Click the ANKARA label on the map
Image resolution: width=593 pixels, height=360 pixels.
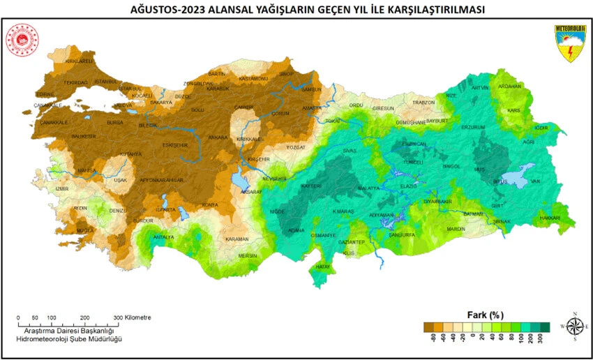click(x=218, y=137)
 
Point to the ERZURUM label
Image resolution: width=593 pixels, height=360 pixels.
click(x=472, y=128)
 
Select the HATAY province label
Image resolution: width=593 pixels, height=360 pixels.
click(x=323, y=267)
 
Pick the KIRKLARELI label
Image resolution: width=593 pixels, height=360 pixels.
click(x=78, y=62)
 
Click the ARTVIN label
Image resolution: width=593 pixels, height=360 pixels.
click(x=480, y=88)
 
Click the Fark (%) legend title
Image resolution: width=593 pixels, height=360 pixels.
click(x=485, y=314)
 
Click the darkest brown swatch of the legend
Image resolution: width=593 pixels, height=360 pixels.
click(x=428, y=326)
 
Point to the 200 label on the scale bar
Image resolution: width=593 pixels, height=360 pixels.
click(x=84, y=317)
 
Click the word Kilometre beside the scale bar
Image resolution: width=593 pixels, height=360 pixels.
click(x=138, y=317)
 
